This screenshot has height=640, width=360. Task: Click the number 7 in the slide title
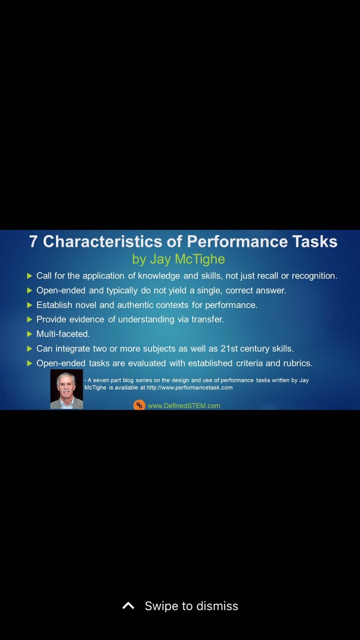click(x=34, y=242)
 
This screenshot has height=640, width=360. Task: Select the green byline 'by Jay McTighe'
click(x=178, y=259)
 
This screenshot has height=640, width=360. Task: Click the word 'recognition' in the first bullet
click(x=313, y=276)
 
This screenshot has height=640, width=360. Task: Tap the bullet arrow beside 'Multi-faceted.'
click(x=29, y=334)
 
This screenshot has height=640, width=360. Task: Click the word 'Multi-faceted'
click(x=63, y=334)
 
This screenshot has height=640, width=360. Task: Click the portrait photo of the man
click(x=67, y=389)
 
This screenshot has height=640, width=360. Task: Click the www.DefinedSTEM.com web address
click(x=184, y=405)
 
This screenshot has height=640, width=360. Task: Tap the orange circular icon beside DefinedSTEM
click(x=139, y=405)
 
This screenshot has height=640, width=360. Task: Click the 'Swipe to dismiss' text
click(x=191, y=606)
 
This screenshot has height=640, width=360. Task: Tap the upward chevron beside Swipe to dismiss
click(x=128, y=606)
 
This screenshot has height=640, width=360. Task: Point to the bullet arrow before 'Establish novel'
click(x=29, y=305)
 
